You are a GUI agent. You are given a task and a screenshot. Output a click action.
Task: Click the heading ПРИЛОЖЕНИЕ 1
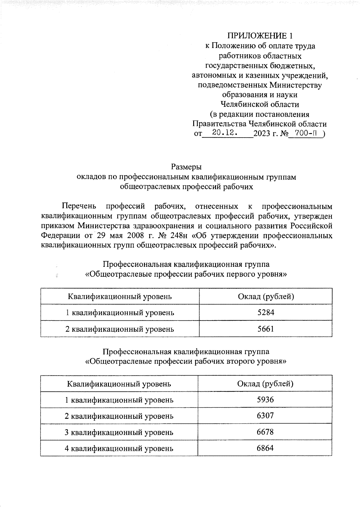260,36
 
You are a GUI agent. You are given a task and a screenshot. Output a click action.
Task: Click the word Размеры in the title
186,167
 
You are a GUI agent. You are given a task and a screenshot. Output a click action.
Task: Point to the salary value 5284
266,313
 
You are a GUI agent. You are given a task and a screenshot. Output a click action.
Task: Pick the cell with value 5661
266,329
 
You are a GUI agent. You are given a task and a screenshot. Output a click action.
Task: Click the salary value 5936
265,400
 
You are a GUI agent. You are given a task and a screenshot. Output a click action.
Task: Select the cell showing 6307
265,416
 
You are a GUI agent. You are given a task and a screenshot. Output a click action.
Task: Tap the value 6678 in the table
265,432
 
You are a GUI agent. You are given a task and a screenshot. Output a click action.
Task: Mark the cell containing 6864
265,448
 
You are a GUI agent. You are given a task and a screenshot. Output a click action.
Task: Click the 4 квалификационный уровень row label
119,448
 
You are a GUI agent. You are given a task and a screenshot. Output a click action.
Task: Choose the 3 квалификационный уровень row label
119,432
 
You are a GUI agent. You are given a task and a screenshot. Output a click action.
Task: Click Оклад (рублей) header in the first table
266,296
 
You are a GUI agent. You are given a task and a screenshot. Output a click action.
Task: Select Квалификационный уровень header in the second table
119,384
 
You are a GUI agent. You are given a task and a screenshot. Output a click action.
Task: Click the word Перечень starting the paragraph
79,206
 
